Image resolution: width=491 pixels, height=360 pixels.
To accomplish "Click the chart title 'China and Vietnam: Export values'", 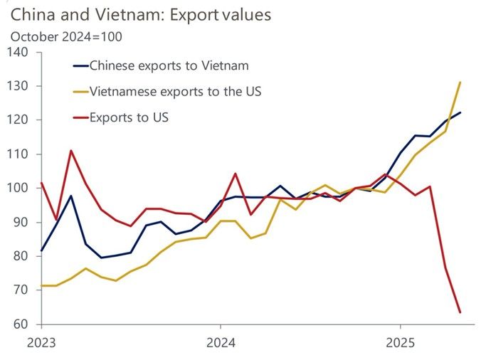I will (x=141, y=14).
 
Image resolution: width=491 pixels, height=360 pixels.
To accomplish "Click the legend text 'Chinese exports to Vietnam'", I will (x=169, y=66).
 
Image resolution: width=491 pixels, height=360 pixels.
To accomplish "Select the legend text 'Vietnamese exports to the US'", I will (x=175, y=91).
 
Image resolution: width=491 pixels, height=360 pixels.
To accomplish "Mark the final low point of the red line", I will (x=460, y=312).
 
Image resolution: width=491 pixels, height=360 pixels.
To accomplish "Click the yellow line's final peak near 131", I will (x=460, y=83).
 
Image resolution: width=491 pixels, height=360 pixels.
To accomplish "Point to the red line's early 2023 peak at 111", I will (x=71, y=151).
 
